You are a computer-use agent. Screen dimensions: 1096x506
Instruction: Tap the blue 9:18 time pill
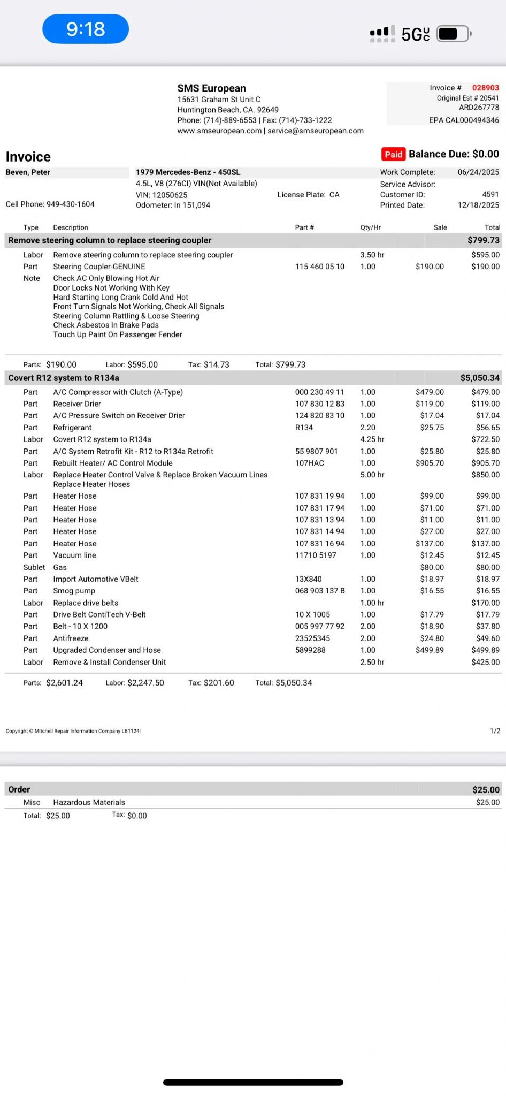[x=86, y=29]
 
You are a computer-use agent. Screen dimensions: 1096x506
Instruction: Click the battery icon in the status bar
[x=454, y=34]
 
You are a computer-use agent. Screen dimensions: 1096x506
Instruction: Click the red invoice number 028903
[x=485, y=88]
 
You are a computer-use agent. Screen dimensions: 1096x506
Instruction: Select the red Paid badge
[x=393, y=154]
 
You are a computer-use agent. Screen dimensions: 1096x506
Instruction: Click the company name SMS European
[x=211, y=88]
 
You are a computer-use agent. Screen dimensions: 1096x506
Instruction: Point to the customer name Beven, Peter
[x=28, y=172]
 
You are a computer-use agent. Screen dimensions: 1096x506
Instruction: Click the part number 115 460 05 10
[x=319, y=267]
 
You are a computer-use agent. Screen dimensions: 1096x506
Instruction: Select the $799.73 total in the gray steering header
[x=483, y=240]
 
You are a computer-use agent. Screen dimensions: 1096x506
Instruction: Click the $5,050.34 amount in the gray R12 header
[x=480, y=378]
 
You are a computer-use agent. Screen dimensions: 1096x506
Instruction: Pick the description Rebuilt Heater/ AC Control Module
[x=113, y=463]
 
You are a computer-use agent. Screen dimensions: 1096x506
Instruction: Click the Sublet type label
[x=34, y=567]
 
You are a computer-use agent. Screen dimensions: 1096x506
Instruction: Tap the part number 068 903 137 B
[x=319, y=591]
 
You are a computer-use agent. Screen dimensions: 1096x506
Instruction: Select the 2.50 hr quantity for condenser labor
[x=372, y=662]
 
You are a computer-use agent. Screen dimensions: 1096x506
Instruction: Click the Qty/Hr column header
[x=370, y=227]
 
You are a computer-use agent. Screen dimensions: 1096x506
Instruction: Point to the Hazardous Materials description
[x=89, y=802]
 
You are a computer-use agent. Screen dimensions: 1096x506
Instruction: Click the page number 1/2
[x=495, y=730]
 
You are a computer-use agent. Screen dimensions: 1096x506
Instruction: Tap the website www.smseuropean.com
[x=219, y=131]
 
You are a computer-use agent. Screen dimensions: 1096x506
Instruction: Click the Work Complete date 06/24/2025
[x=478, y=172]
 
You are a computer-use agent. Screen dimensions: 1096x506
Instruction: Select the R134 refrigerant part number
[x=304, y=428]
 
